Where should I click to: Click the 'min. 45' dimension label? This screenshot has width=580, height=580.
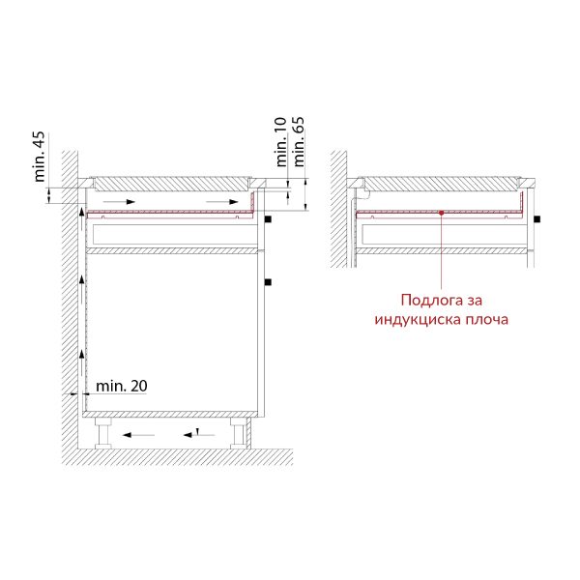pos(40,157)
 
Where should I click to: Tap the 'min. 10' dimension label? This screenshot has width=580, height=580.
pos(281,142)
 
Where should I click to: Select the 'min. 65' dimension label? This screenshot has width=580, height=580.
pos(299,142)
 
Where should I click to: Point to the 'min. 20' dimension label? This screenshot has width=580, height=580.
pos(122,386)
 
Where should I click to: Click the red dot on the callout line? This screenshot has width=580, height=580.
pos(442,213)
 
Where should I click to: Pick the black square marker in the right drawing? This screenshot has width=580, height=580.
pos(537,219)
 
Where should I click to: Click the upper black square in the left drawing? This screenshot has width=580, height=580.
pos(268,219)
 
